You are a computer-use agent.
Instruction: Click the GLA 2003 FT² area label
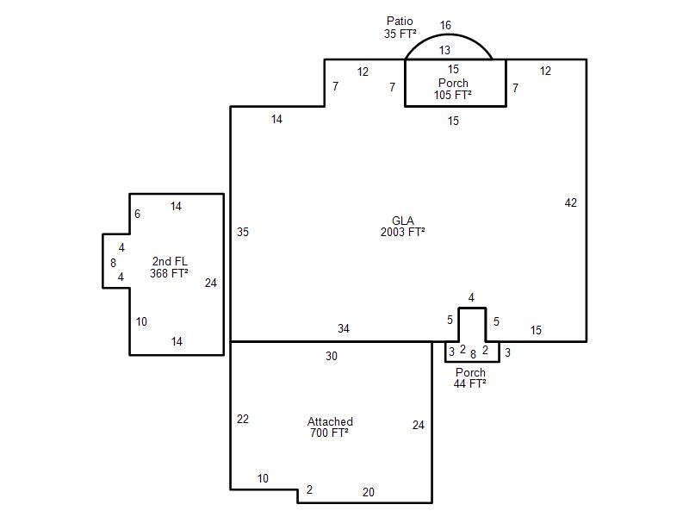coord(402,227)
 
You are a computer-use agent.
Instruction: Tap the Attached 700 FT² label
coord(330,427)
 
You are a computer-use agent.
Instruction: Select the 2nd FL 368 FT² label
coord(169,267)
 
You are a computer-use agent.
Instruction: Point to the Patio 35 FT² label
coord(400,28)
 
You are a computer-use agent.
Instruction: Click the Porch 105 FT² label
coord(453,89)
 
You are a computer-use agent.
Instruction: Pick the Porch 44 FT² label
coord(470,378)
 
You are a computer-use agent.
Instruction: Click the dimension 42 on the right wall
coord(570,202)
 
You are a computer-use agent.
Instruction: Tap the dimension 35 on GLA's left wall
coord(243,232)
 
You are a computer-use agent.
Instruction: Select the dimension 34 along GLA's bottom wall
coord(344,328)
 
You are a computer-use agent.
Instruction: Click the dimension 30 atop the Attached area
coord(332,356)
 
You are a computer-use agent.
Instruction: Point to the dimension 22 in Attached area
coord(243,419)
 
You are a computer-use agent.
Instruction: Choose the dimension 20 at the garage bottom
coord(369,492)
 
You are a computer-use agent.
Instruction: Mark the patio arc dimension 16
coord(445,25)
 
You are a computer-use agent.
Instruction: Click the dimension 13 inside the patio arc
coord(444,50)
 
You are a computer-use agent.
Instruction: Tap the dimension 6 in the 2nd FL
coord(137,214)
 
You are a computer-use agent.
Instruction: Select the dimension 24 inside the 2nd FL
coord(210,283)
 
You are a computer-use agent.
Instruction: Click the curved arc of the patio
coord(448,34)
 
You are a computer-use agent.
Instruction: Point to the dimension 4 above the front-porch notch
coord(471,297)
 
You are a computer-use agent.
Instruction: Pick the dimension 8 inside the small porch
coord(473,354)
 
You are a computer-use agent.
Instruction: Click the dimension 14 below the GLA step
coord(276,119)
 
